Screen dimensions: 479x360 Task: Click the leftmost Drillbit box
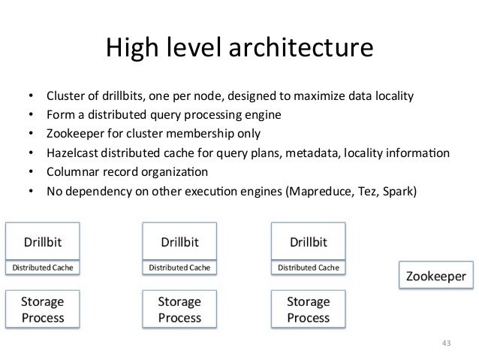click(x=42, y=242)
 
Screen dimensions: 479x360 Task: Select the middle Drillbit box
click(x=179, y=242)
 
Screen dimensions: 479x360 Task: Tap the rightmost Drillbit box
click(x=308, y=242)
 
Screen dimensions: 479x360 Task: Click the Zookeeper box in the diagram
click(x=435, y=277)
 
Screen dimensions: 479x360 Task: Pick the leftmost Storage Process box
click(x=42, y=309)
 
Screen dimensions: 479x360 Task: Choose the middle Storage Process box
click(x=179, y=309)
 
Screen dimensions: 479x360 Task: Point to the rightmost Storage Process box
click(x=308, y=309)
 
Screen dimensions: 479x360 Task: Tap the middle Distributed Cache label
click(x=179, y=267)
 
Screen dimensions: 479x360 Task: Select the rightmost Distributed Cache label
click(x=308, y=267)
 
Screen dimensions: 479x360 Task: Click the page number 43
click(x=446, y=343)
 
